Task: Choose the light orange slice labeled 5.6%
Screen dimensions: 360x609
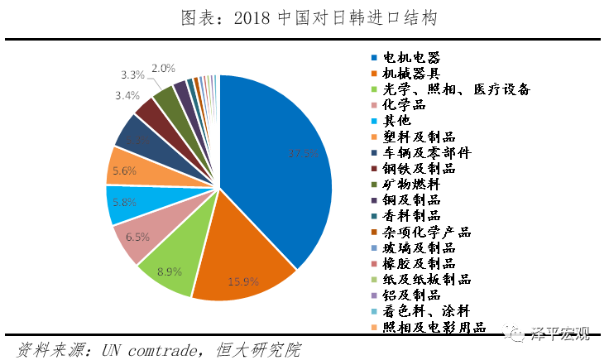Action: point(127,170)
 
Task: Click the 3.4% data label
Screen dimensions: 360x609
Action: point(127,95)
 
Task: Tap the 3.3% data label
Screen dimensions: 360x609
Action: point(132,74)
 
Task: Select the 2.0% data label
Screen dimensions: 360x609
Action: point(163,68)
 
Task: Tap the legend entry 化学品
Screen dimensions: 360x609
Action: point(404,105)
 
